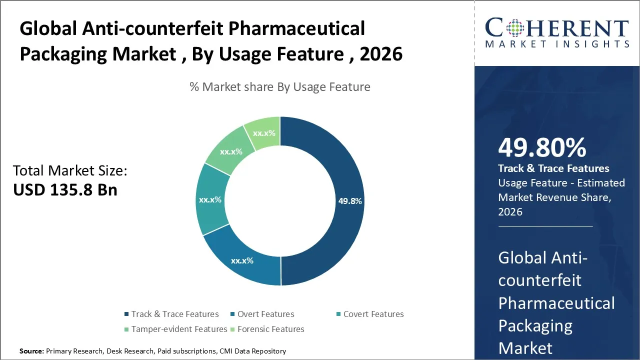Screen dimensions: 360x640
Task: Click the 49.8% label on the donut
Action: (x=350, y=201)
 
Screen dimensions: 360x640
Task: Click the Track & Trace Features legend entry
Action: (x=175, y=314)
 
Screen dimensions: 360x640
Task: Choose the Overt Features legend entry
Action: (x=265, y=314)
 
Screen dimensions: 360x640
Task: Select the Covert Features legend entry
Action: (x=373, y=314)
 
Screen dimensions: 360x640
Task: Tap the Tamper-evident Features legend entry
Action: (x=179, y=329)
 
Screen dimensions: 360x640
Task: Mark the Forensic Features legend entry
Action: (x=270, y=329)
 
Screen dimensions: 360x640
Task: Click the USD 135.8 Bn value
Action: (x=65, y=190)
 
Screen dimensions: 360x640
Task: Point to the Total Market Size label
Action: (x=70, y=171)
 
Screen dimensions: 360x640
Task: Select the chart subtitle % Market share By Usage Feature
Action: (x=280, y=87)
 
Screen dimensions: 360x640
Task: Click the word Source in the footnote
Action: (x=31, y=351)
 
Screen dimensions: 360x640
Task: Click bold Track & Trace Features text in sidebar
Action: (x=553, y=168)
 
